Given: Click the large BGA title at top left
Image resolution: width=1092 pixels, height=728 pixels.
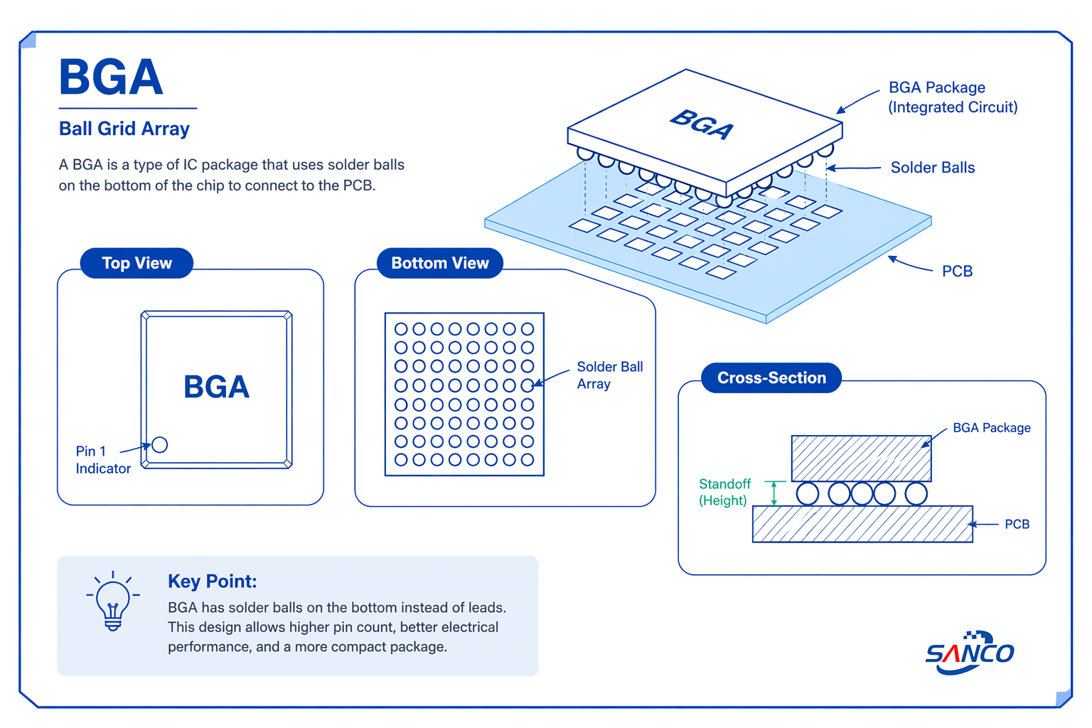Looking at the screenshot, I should click(x=111, y=77).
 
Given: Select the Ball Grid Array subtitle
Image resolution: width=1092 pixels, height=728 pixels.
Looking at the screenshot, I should click(x=124, y=129).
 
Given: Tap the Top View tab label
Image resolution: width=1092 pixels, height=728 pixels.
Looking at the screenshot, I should click(x=136, y=263).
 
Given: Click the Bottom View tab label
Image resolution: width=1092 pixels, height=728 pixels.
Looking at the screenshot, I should click(x=439, y=263).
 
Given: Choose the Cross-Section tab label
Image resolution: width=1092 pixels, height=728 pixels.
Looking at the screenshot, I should click(x=771, y=378).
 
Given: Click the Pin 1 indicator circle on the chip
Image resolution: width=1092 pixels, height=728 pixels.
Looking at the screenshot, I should click(x=160, y=445).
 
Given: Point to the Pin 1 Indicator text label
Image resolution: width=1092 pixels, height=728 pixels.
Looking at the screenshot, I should click(x=102, y=460).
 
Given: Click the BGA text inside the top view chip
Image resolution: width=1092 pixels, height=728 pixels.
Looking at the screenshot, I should click(x=216, y=387).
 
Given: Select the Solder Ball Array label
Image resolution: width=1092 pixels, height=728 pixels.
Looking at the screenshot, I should click(x=609, y=375).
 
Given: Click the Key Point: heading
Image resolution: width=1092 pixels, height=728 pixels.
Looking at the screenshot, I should click(x=212, y=582).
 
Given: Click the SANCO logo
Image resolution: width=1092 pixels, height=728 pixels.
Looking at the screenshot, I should click(x=970, y=653).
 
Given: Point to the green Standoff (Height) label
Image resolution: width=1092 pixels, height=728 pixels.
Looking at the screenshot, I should click(x=724, y=492).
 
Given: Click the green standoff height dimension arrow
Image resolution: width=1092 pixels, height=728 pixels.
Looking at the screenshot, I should click(x=774, y=493).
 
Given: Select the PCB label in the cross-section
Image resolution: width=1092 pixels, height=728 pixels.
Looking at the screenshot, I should click(x=1017, y=525).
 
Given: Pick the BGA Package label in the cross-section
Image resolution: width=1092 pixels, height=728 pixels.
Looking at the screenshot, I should click(x=991, y=428).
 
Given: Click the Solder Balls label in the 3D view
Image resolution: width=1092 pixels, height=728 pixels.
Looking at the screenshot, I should click(x=932, y=168).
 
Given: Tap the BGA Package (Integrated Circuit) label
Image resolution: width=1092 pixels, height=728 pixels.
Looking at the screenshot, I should click(x=953, y=97).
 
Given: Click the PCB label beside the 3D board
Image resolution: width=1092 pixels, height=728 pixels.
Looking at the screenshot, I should click(x=957, y=272).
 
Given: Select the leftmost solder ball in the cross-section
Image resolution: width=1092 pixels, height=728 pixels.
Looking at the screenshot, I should click(x=808, y=493).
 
